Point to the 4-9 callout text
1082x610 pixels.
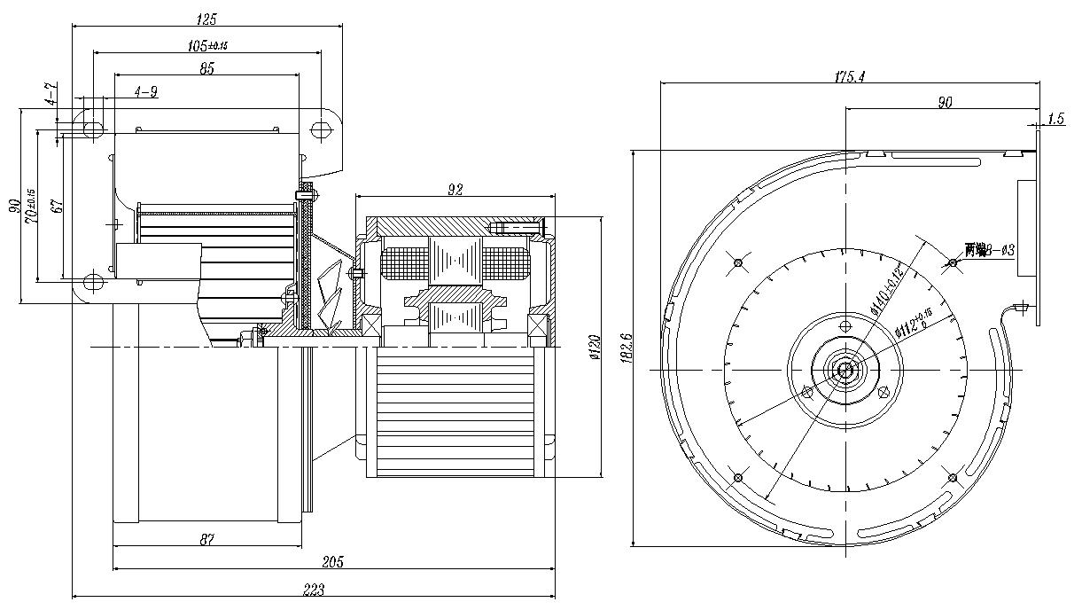pyautogui.click(x=147, y=91)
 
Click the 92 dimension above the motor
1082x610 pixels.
pyautogui.click(x=455, y=189)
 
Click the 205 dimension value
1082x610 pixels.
pyautogui.click(x=333, y=561)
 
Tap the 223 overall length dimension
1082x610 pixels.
pyautogui.click(x=314, y=590)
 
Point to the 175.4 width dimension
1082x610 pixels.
pyautogui.click(x=849, y=77)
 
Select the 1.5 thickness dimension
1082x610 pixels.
pyautogui.click(x=1055, y=118)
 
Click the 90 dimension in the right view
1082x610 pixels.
pyautogui.click(x=945, y=103)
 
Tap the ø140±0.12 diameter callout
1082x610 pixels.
pyautogui.click(x=887, y=289)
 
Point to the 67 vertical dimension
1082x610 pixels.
pyautogui.click(x=56, y=206)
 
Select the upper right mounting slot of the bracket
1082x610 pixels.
pyautogui.click(x=320, y=129)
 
